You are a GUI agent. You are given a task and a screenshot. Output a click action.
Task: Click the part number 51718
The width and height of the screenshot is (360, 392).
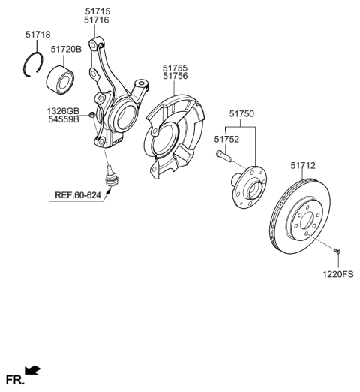tap(38, 35)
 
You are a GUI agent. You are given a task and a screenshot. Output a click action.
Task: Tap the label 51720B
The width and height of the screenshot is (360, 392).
tap(67, 49)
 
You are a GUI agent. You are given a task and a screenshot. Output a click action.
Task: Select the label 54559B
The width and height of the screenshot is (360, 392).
tap(63, 119)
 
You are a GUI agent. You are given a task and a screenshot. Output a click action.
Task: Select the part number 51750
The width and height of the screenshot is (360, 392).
tap(242, 113)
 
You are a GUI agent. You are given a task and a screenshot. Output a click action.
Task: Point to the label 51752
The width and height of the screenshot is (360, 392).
tap(227, 139)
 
